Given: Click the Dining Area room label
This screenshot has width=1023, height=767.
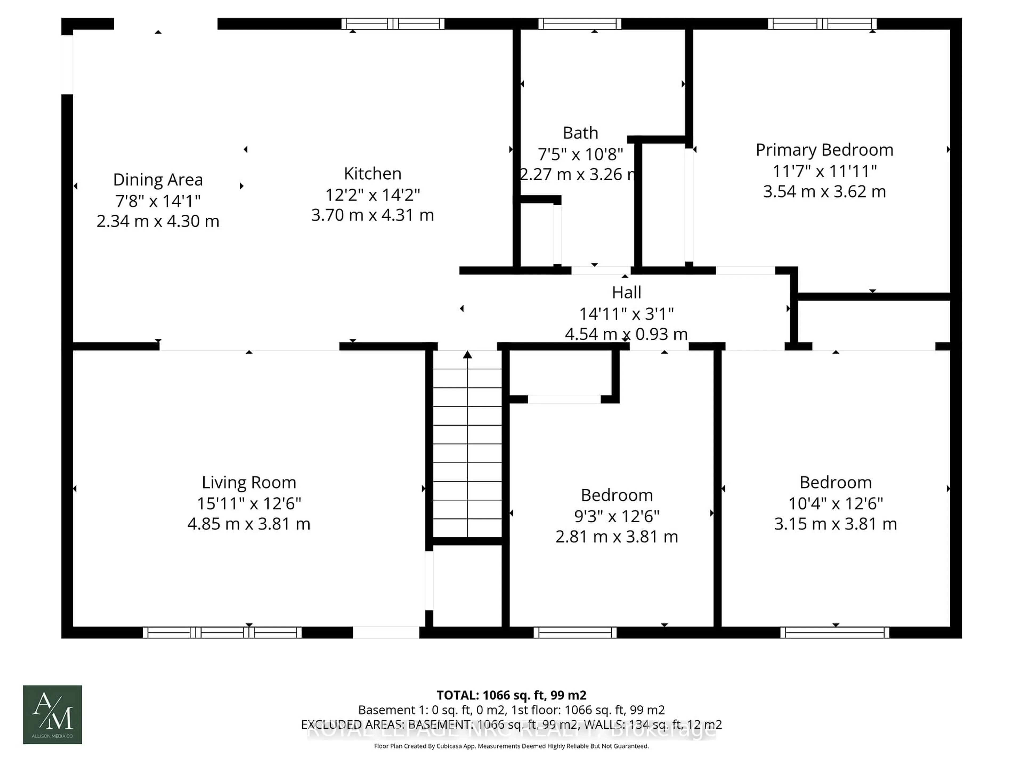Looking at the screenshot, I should [158, 179].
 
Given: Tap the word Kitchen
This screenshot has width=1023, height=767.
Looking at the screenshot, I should [372, 173].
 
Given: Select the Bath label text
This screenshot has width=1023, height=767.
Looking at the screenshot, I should [580, 133].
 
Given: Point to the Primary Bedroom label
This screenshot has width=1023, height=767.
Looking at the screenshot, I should [824, 150].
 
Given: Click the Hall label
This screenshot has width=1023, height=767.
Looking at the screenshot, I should [626, 292].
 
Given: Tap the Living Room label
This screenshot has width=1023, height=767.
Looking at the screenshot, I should [249, 482].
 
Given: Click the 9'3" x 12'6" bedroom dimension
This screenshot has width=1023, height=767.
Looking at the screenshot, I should [616, 516].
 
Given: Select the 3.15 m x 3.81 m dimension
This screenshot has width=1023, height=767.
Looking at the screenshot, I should [835, 524].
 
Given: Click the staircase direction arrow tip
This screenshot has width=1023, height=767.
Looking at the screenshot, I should [468, 354].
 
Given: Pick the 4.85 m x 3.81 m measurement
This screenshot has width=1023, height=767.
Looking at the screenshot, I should [249, 524].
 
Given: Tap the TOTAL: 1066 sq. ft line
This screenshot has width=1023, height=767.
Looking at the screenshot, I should [511, 695].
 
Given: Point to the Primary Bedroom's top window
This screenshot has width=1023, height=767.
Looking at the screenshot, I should [822, 24].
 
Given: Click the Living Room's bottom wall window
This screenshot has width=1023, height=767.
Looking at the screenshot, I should [222, 633].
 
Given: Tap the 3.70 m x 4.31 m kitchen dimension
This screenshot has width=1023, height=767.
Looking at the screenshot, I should [372, 215].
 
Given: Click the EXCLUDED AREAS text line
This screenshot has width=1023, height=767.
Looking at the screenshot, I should [511, 724].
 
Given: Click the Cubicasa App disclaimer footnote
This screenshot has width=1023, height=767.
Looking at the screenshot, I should [511, 746].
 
